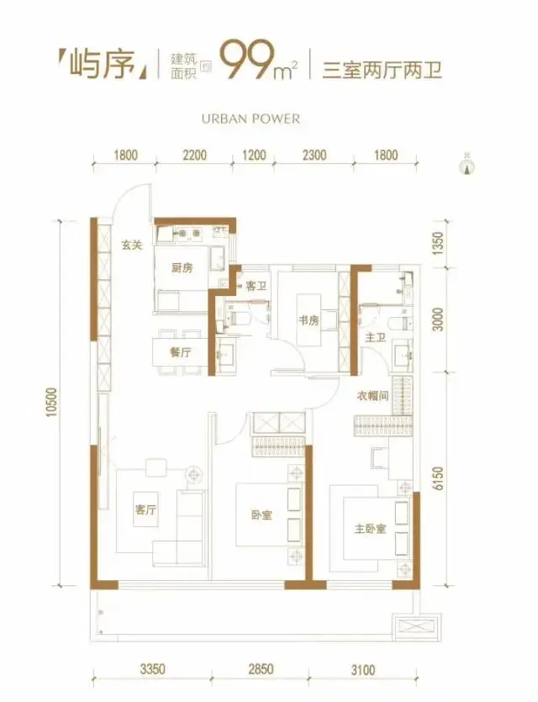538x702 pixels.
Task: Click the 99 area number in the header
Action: click(x=245, y=61)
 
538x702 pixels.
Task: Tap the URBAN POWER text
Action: click(x=251, y=119)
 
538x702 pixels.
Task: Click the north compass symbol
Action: click(x=468, y=166)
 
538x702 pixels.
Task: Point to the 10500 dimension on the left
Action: click(x=52, y=402)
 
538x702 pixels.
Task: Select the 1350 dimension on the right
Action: click(x=439, y=244)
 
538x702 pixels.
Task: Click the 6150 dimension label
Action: click(x=439, y=478)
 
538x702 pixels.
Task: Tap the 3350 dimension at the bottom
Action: click(x=153, y=669)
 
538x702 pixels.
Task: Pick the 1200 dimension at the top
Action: click(x=254, y=156)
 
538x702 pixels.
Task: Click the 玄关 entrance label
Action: click(x=132, y=245)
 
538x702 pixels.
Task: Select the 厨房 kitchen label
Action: click(x=182, y=267)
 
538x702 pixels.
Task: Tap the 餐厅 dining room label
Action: click(x=181, y=352)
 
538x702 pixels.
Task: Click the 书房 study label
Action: click(x=309, y=320)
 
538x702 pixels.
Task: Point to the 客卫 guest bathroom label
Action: click(x=256, y=286)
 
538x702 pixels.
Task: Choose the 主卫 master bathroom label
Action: click(x=376, y=337)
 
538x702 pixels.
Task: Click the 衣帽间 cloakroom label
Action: click(x=372, y=396)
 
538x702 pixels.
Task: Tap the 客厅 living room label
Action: click(x=146, y=509)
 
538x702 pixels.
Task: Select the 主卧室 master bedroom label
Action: click(x=370, y=529)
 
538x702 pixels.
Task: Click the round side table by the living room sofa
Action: click(x=194, y=474)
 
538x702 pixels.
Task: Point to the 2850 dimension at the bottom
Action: click(x=261, y=669)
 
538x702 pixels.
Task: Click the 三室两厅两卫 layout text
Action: click(x=382, y=71)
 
